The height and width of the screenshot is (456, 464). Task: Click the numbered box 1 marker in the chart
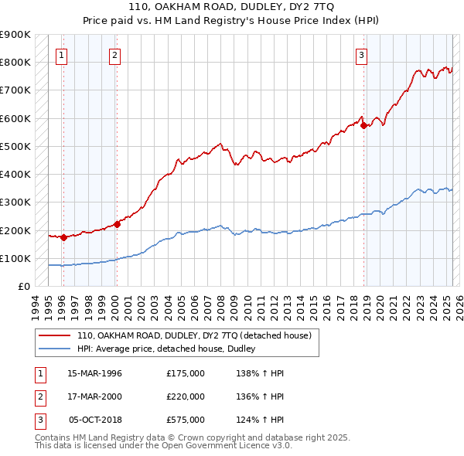(x=60, y=55)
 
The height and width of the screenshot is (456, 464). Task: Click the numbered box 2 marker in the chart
(x=114, y=55)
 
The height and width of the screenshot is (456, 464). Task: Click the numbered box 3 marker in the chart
(x=361, y=55)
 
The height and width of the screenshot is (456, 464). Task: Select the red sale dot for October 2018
(x=364, y=125)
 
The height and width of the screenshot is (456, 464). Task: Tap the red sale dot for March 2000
(x=118, y=225)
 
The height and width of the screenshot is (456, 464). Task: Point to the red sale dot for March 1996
(x=63, y=237)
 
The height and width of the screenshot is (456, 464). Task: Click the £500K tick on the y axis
(x=15, y=146)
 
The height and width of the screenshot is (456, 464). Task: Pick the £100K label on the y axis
(x=15, y=258)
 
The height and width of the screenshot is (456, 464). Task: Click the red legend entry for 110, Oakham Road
(x=193, y=335)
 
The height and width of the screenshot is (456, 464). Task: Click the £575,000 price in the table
(x=186, y=420)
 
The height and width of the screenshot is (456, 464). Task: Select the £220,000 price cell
(x=186, y=396)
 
